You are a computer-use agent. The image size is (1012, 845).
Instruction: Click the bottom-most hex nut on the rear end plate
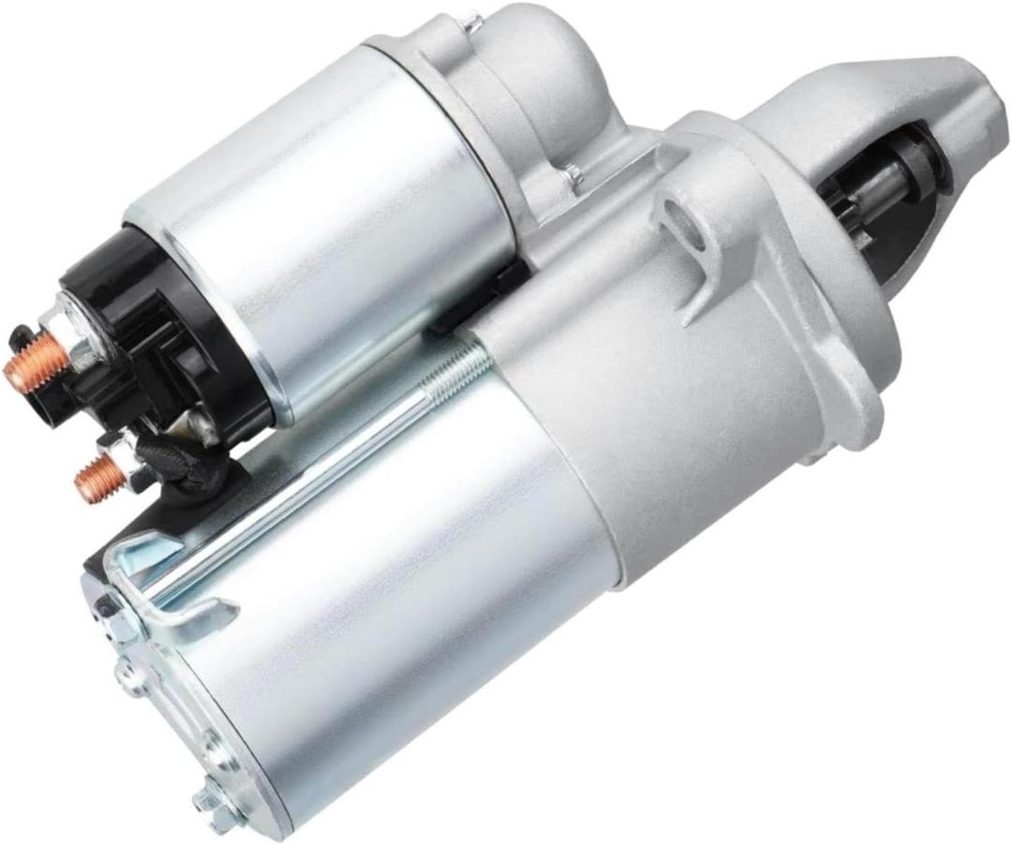210,802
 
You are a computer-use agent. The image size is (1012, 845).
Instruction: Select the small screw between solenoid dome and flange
570,173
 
